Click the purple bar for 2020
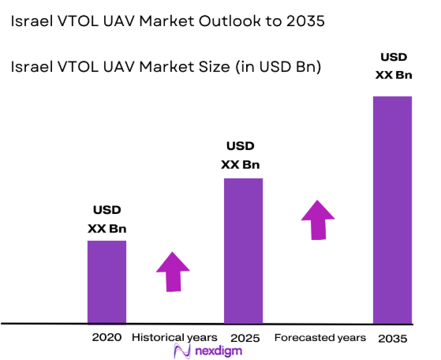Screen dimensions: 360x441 (x=107, y=281)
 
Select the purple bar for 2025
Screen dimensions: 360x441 (x=244, y=250)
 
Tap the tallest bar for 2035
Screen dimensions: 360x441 (x=392, y=209)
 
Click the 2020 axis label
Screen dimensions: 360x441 (x=107, y=337)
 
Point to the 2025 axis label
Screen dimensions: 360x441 (x=244, y=337)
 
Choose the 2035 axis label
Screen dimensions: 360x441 (x=392, y=338)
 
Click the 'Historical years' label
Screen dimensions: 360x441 (x=174, y=337)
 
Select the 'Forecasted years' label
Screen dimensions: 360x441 (x=320, y=337)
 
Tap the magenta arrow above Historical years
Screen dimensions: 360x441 (x=173, y=272)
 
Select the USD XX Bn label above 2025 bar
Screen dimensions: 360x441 (x=244, y=156)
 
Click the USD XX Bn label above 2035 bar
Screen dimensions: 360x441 (x=392, y=66)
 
